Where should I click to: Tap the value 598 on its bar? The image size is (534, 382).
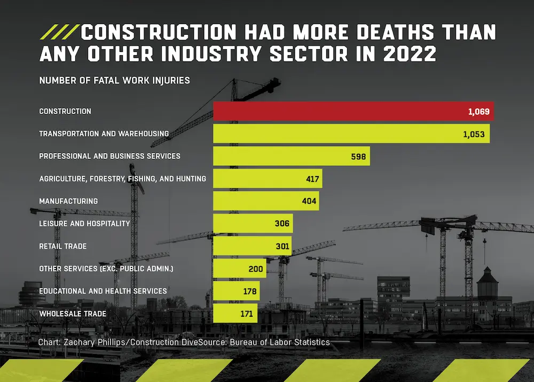(358, 157)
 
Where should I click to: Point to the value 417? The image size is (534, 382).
(312, 179)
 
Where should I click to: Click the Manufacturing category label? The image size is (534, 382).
(68, 201)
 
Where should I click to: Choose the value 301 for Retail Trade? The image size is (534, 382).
(282, 246)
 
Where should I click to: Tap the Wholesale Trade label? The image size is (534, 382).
(73, 314)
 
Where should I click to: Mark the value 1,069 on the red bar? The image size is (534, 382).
(477, 112)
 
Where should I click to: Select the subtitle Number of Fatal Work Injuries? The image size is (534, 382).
(114, 81)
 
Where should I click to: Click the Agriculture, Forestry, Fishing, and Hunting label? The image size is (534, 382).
(122, 179)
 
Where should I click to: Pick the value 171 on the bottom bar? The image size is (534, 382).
(246, 314)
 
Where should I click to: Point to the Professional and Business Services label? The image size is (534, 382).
(109, 156)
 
